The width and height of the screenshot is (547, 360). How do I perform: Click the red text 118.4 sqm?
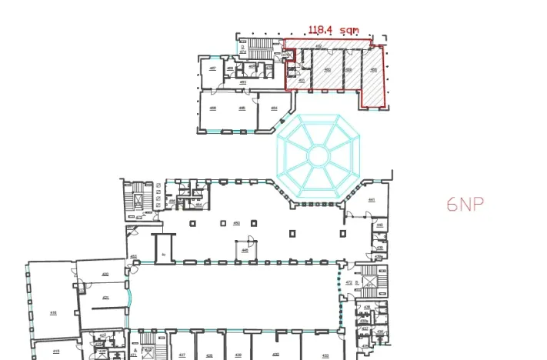pyautogui.click(x=334, y=30)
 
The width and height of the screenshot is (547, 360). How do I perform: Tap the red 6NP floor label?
pyautogui.click(x=466, y=205)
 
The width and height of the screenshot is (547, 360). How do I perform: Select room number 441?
pyautogui.click(x=371, y=200)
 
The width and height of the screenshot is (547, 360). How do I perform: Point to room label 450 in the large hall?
pyautogui.click(x=237, y=223)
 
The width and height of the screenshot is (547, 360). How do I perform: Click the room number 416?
pyautogui.click(x=53, y=312)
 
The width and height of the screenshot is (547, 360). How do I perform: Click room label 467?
pyautogui.click(x=212, y=68)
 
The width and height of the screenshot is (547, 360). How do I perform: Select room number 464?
pyautogui.click(x=273, y=108)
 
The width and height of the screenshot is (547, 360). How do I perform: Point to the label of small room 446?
pyautogui.click(x=245, y=249)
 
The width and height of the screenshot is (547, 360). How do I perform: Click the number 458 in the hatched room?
pyautogui.click(x=373, y=70)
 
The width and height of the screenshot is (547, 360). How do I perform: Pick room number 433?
pyautogui.click(x=325, y=355)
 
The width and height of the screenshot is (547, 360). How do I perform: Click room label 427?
pyautogui.click(x=182, y=355)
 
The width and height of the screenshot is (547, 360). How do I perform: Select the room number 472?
pyautogui.click(x=349, y=282)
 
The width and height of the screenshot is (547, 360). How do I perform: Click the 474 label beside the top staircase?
pyautogui.click(x=242, y=52)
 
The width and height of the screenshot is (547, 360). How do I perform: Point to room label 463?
pyautogui.click(x=242, y=82)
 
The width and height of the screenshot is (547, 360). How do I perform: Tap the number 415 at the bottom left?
pyautogui.click(x=55, y=351)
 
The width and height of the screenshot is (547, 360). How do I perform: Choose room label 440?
pyautogui.click(x=379, y=225)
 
